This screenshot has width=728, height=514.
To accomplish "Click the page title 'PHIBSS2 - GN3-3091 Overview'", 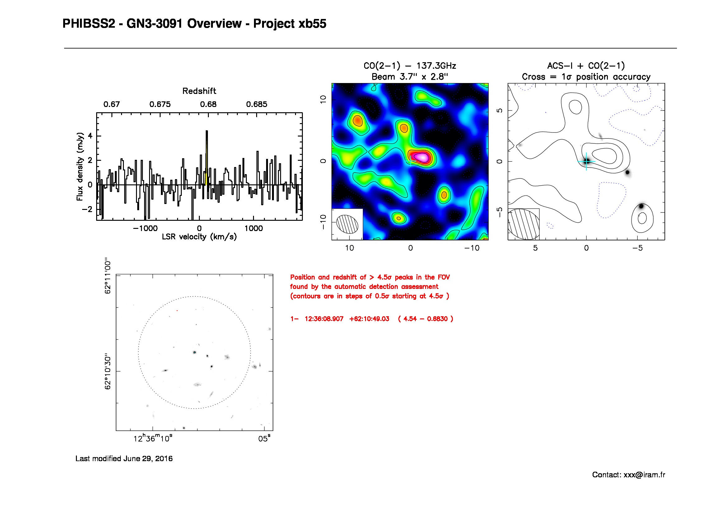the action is (152, 24).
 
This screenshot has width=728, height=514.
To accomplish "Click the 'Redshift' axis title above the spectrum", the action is (199, 91).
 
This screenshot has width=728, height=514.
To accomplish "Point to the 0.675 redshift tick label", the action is (160, 104).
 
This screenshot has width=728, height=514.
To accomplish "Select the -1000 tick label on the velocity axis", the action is (145, 228).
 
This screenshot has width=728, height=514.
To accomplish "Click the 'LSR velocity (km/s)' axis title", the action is (199, 237).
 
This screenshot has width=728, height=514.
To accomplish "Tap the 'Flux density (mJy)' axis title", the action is (80, 167).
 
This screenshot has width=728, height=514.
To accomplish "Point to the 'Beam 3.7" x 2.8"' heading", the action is (410, 77).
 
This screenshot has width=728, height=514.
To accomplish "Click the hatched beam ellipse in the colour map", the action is (347, 224).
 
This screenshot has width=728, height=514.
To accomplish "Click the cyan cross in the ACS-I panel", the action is (586, 161).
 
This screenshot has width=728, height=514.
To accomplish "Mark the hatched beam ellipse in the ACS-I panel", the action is (524, 224).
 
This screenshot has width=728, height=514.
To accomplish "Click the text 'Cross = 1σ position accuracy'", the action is (586, 77).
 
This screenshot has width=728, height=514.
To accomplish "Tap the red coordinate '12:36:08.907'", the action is (324, 319).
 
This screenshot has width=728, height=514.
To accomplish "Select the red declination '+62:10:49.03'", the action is (369, 319).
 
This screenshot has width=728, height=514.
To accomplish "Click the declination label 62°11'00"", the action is (108, 276).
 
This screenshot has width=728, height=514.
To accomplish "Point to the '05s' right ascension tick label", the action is (265, 439).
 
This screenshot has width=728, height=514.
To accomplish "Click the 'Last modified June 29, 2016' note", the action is (124, 459).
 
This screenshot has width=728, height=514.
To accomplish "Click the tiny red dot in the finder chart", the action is (177, 311).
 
